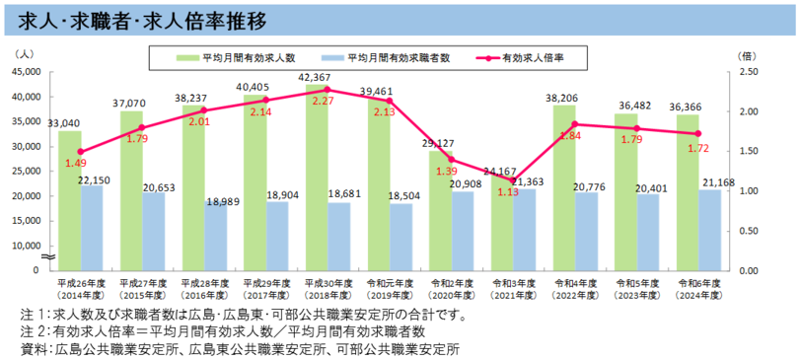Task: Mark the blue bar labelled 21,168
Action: (x=711, y=229)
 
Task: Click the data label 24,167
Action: (x=501, y=171)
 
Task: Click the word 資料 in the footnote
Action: (x=34, y=348)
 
